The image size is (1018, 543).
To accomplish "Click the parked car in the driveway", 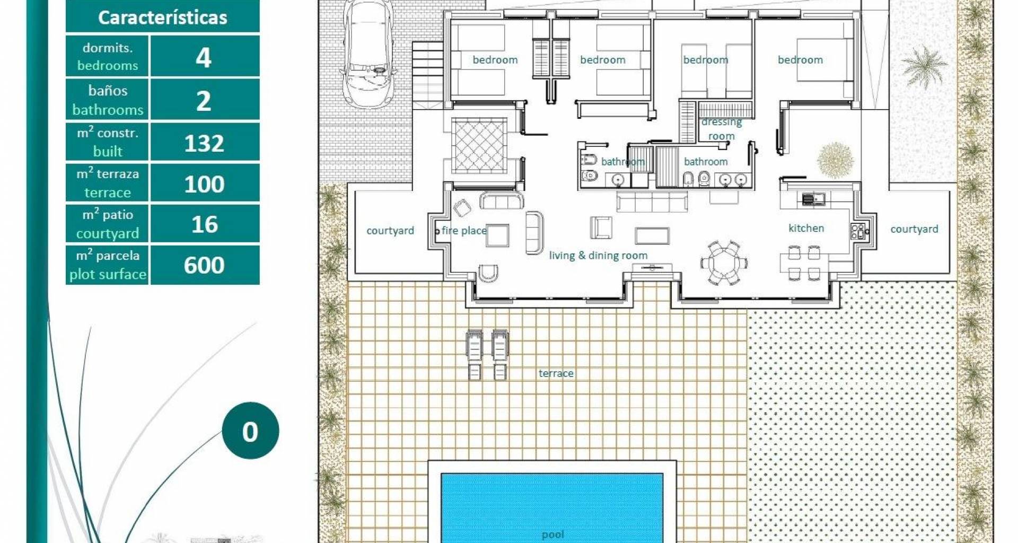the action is pos(368,52).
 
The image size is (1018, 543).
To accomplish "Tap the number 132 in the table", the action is pos(204,143).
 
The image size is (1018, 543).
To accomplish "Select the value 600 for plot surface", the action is pos(204,265).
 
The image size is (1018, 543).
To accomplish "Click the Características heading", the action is pos(163,17).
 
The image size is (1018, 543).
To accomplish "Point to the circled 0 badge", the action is pos(250,431).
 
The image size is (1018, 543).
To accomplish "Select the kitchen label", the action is pos(806,228).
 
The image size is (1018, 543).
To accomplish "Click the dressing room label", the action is pos(722,129).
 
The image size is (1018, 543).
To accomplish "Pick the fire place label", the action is pos(463,231).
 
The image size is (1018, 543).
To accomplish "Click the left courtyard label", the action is pos(390,231).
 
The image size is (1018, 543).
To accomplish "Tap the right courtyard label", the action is pos(914,229).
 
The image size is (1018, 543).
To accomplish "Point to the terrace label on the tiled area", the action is pos(556,373).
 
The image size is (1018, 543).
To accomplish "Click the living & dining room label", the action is pos(598,256).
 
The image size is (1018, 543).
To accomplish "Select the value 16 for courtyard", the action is pos(204,224).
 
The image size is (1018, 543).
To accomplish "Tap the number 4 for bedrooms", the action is pos(204,57).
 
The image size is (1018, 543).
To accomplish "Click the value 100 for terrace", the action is pos(204,184).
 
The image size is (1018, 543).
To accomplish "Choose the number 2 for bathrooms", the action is pos(204,101).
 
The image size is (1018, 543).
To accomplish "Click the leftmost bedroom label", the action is pos(495,60).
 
